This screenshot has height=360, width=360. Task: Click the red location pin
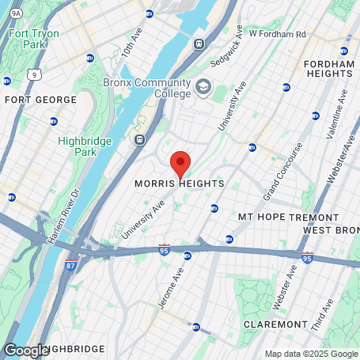coord(180,162)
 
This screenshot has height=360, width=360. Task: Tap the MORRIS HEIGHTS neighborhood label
coord(179,184)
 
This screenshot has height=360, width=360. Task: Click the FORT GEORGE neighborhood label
coord(41,100)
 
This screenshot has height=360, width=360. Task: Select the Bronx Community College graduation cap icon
coord(203,85)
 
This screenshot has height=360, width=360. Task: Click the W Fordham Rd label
coord(276,34)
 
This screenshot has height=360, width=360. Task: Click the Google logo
coord(26,350)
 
